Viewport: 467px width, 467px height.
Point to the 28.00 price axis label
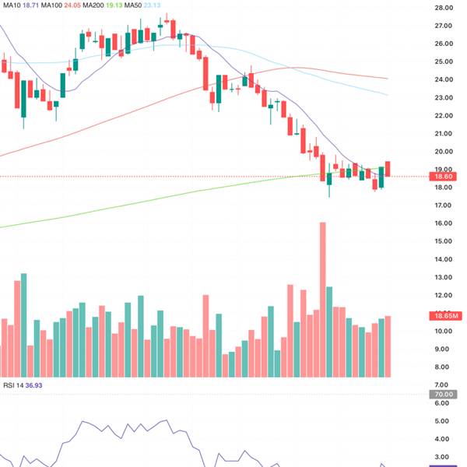coord(444,8)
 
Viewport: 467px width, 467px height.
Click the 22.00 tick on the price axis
coord(444,116)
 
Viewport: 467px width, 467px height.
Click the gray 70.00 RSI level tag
coord(444,395)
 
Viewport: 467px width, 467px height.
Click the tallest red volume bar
coord(321,300)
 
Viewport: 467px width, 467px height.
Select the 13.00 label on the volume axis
coord(444,278)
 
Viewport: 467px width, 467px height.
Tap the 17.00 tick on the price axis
coord(444,205)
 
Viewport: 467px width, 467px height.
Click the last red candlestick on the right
coord(388,168)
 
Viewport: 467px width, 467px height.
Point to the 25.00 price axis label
coord(444,61)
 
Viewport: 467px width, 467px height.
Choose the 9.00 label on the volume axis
coord(444,349)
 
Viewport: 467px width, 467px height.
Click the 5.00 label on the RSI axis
coord(444,421)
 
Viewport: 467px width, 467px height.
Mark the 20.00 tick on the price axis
coord(444,152)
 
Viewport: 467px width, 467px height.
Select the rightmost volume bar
coord(388,346)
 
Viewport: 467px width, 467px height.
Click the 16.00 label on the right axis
coord(444,223)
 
